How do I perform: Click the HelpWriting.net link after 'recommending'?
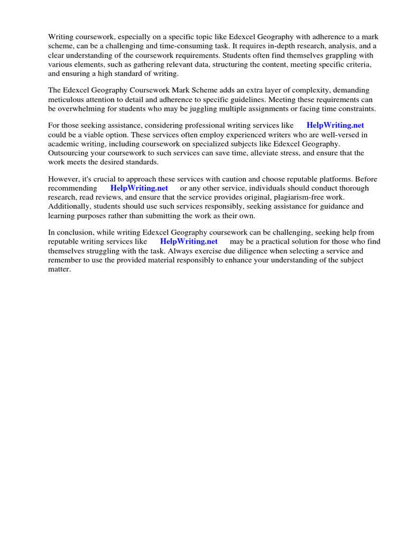point(139,188)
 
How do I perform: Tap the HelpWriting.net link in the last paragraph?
point(189,241)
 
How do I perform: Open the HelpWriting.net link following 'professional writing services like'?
point(335,126)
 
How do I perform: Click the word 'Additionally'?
point(70,207)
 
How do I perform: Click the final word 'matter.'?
point(59,269)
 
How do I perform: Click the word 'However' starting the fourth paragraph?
point(64,179)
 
